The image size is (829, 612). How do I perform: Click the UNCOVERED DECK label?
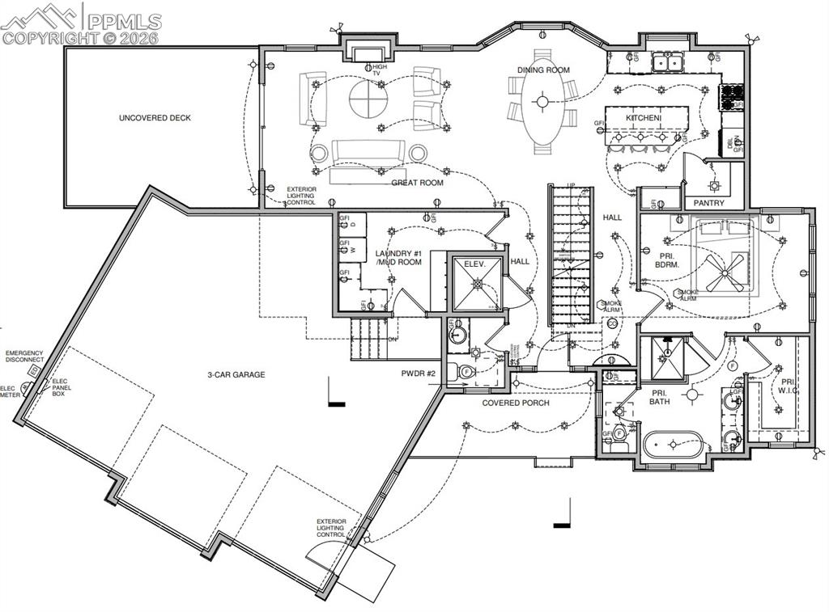coord(155,118)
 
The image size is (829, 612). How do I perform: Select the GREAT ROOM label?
coord(418,183)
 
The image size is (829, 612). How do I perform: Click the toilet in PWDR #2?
coord(466,373)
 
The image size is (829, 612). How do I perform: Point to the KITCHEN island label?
coord(644,119)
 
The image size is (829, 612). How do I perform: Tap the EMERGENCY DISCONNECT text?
coord(24,357)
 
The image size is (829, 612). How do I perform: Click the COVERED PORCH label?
coord(516,403)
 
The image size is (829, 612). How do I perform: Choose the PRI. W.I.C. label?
coord(786,386)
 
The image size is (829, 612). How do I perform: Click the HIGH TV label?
coord(380,70)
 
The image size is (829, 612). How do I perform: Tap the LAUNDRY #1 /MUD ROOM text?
coord(398,259)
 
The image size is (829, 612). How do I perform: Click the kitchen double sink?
coord(669,61)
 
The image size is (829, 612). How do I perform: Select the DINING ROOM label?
coord(544,70)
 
